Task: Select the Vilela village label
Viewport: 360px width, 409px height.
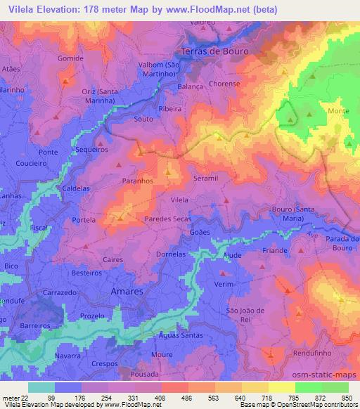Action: [x=179, y=200]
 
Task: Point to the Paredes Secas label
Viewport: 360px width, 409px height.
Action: [x=169, y=219]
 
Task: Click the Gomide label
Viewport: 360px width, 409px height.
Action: [x=70, y=58]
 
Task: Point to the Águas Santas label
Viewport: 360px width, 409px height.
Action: [x=172, y=336]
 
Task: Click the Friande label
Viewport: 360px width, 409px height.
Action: [x=274, y=251]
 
